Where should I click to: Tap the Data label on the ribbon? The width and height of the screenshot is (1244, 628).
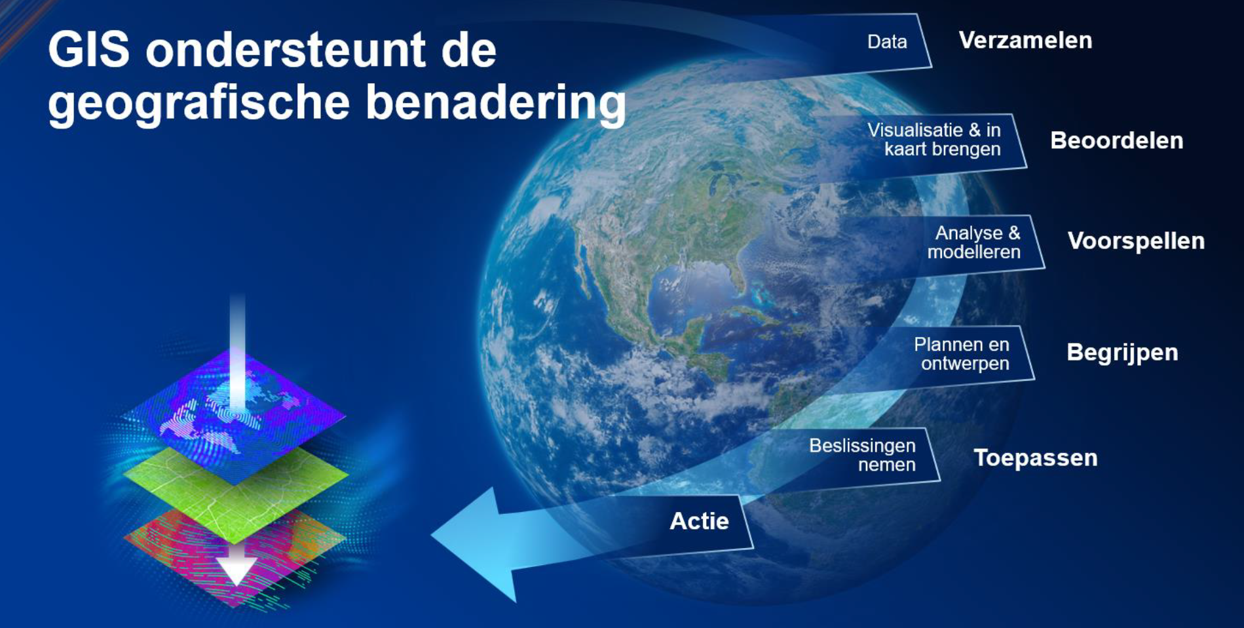pyautogui.click(x=887, y=42)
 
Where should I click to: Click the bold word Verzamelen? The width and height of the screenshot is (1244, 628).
pyautogui.click(x=1025, y=40)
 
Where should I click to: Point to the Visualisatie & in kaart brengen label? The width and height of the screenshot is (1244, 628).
pyautogui.click(x=934, y=140)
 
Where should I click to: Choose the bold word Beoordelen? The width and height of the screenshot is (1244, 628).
pyautogui.click(x=1116, y=140)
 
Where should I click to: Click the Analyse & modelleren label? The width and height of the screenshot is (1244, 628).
pyautogui.click(x=974, y=242)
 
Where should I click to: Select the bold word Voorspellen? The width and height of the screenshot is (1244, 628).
pyautogui.click(x=1136, y=241)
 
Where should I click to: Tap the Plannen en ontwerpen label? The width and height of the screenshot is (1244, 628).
pyautogui.click(x=962, y=354)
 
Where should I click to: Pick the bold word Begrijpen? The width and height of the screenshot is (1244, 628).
pyautogui.click(x=1122, y=353)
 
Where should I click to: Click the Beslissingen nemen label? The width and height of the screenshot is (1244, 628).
pyautogui.click(x=862, y=455)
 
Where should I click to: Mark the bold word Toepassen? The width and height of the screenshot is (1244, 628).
pyautogui.click(x=1035, y=458)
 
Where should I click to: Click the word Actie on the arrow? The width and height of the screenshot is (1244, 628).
pyautogui.click(x=699, y=521)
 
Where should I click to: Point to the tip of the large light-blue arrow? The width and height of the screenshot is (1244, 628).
pyautogui.click(x=432, y=535)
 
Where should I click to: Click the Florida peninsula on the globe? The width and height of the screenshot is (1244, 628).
pyautogui.click(x=740, y=279)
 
